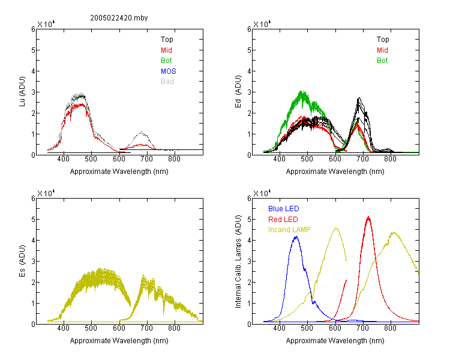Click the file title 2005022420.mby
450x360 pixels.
pos(119,18)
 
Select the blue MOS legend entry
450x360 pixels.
pos(169,71)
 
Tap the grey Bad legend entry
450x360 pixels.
pos(167,82)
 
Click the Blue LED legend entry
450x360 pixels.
pos(284,209)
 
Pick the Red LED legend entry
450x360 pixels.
pos(283,220)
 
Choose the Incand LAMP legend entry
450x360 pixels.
pos(289,230)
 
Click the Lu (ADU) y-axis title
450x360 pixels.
pos(22,91)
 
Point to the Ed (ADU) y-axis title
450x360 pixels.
pos(238,91)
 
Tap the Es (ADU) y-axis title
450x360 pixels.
pos(22,260)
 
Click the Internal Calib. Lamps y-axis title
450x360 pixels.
pos(238,261)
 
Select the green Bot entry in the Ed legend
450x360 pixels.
pos(382,61)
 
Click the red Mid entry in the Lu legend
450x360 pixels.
pos(166,50)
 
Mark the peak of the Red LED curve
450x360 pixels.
pos(368,217)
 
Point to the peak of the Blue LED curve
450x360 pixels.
pos(296,236)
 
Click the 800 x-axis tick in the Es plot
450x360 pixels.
pos(174,328)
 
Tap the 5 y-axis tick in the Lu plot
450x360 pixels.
pos(33,50)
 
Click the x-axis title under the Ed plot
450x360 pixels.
pos(335,172)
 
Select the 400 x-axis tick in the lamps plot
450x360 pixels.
pos(280,328)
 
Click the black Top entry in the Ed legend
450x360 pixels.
pos(383,40)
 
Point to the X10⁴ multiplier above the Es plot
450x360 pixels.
pos(46,193)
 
